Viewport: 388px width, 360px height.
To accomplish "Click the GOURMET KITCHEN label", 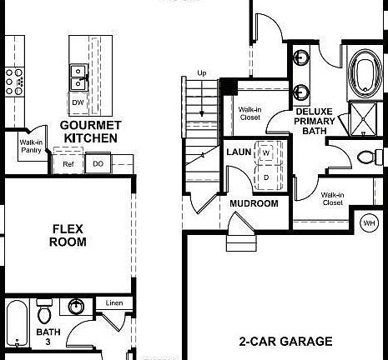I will coord(91,131).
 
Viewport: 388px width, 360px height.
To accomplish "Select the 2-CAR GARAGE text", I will coord(285,341).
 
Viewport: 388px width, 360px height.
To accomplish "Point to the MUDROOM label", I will coord(253,203).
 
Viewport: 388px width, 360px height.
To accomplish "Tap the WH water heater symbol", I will coord(369,222).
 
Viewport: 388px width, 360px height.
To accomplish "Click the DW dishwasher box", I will coord(78,102).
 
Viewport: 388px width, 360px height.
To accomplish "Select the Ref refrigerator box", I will coord(68,164).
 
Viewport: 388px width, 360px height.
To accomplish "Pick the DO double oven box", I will coord(98,164).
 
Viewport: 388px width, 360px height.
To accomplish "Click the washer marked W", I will coord(266,153).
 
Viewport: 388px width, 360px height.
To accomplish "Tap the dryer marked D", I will coord(266,177).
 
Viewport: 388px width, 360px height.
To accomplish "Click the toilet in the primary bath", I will coord(366,157).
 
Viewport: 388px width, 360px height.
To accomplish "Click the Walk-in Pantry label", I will coord(32,147).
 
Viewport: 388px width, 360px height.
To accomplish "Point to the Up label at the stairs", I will coord(200,72).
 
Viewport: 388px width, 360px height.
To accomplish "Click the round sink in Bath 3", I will coord(76,307).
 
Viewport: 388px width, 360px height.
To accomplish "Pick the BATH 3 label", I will coord(48,337).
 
